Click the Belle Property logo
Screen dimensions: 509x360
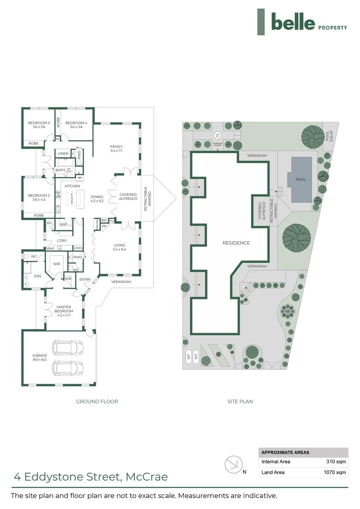coord(302,22)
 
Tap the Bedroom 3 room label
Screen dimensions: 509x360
coord(39,125)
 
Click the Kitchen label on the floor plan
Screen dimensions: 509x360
coord(72,186)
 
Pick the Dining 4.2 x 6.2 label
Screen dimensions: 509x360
coord(97,198)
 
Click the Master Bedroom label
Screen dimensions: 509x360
coord(64,309)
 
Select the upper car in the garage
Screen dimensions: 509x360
coord(68,348)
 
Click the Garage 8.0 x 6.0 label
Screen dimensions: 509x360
coord(40,358)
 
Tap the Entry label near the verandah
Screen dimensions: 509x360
coord(85,279)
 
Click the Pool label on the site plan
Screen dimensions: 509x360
coord(301,180)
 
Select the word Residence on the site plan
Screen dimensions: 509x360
coord(236,243)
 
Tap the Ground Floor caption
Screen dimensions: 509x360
coord(97,402)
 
